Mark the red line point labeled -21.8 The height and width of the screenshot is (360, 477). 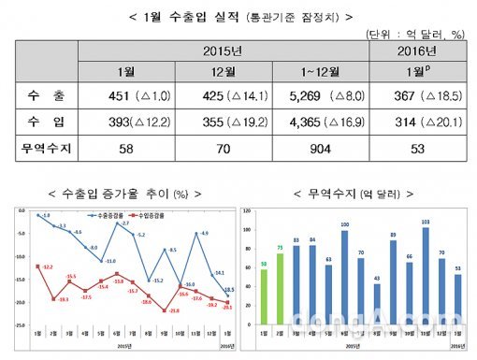[165, 310]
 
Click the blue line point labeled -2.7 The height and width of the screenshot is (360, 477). [125, 230]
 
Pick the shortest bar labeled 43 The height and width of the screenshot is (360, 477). [377, 300]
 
